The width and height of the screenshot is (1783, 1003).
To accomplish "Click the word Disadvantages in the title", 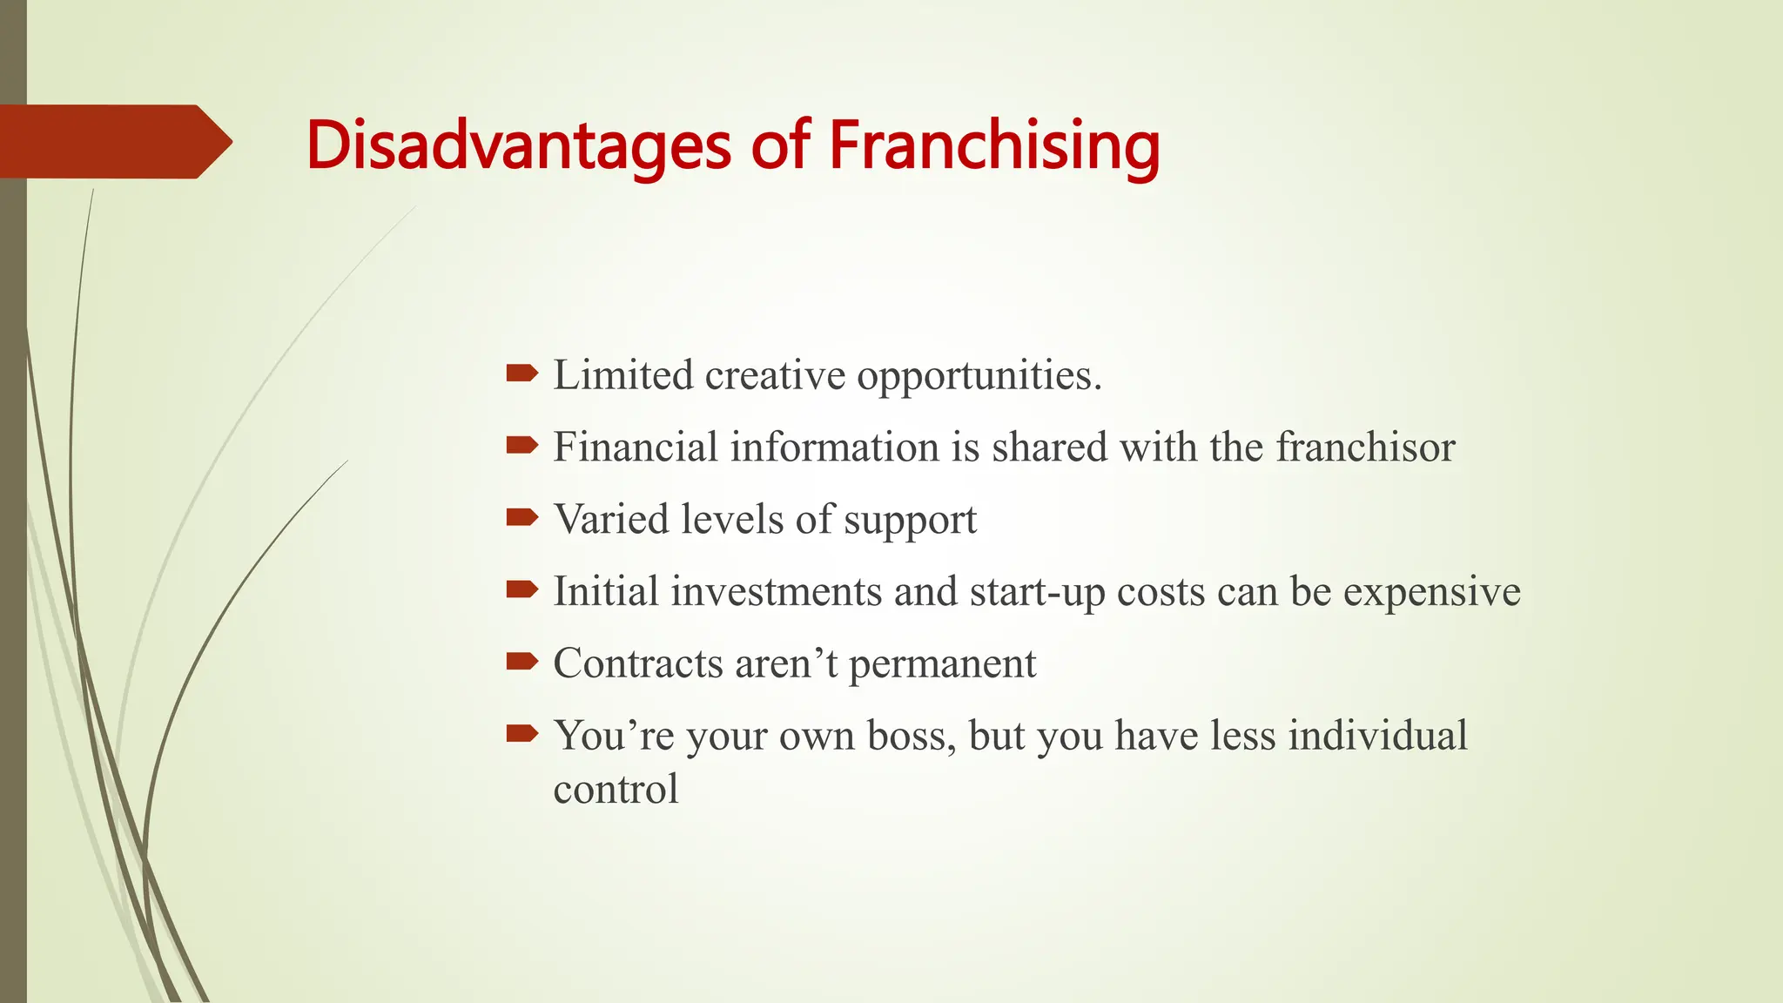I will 517,145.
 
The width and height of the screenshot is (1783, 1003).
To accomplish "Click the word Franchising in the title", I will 993,145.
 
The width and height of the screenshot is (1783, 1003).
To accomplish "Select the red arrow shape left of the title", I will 113,141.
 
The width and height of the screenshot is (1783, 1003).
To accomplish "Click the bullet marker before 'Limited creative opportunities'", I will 521,374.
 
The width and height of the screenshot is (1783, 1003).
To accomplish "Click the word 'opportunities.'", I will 979,377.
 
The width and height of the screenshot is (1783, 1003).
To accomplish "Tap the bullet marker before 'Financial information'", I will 521,446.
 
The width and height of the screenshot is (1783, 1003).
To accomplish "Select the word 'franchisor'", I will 1365,448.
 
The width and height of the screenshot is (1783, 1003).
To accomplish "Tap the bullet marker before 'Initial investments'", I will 521,590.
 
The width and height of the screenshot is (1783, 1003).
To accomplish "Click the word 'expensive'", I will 1431,593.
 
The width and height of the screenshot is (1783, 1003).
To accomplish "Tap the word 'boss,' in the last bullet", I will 911,736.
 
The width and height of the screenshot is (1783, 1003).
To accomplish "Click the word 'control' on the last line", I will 616,790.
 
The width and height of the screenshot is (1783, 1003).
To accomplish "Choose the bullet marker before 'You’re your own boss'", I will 521,734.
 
